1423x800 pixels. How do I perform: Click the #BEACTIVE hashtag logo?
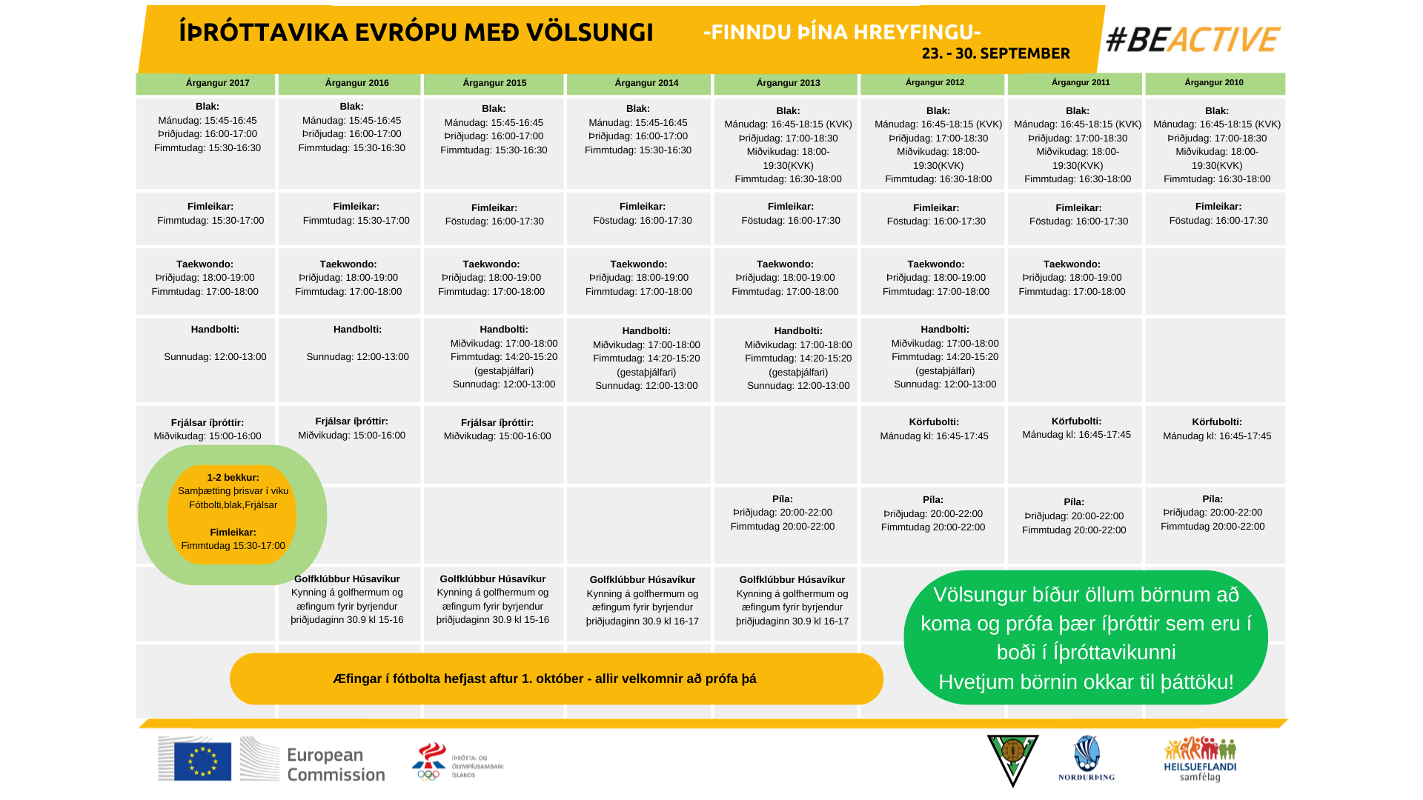(x=1193, y=40)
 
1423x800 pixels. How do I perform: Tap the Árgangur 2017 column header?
(x=217, y=83)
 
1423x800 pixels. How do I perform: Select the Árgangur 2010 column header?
(x=1213, y=82)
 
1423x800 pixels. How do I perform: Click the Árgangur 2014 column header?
(x=646, y=83)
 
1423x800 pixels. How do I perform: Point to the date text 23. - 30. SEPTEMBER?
(x=995, y=53)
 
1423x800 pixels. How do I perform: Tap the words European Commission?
(x=336, y=764)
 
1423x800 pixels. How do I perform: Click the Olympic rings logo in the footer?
(x=428, y=775)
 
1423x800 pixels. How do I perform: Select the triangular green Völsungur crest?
(x=1012, y=759)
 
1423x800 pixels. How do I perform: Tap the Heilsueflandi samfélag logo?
(x=1200, y=759)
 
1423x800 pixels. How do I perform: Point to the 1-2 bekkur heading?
(x=233, y=478)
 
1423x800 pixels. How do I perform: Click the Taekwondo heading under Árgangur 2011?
(x=1072, y=264)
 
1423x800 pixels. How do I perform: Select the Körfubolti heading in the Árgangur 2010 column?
(x=1216, y=422)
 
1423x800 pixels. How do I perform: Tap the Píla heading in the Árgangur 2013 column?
(x=782, y=499)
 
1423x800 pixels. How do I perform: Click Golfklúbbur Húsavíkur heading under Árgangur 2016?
(x=347, y=579)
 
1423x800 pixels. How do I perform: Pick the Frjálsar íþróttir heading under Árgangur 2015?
(x=497, y=423)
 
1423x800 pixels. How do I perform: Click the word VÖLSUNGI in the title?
(x=589, y=33)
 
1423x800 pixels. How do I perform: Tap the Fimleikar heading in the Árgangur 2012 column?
(x=936, y=208)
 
